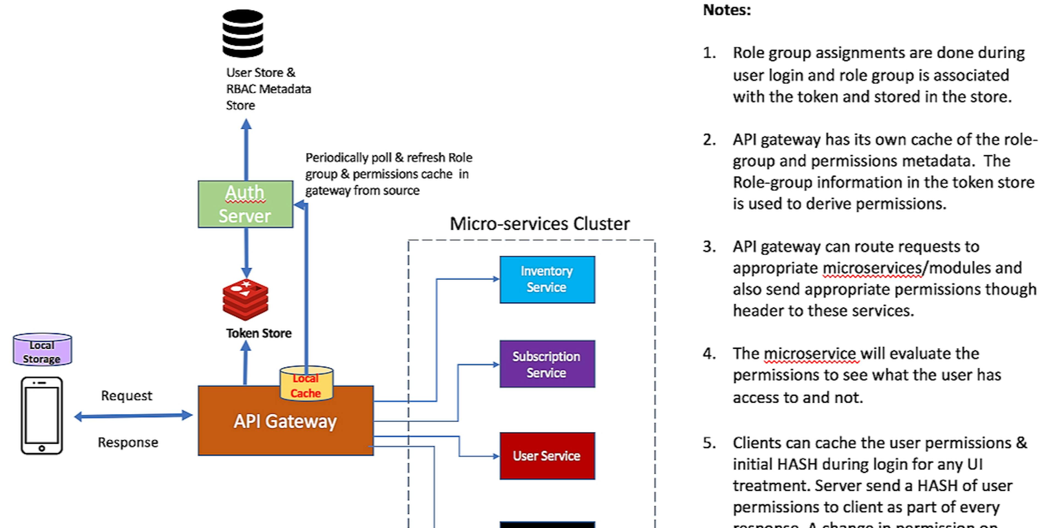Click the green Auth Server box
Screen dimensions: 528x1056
coord(245,204)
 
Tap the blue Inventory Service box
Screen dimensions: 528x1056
coord(547,279)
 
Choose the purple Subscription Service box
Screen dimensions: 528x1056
coord(547,364)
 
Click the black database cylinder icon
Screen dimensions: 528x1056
coord(243,34)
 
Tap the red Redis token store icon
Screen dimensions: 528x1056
coord(245,300)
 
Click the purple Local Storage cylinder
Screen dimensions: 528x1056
coord(42,350)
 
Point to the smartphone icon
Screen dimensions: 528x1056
coord(42,415)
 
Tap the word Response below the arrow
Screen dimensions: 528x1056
coord(128,443)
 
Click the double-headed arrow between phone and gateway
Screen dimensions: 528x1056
coord(133,416)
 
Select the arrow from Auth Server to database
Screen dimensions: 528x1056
coord(246,150)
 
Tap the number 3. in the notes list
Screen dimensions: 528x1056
coord(709,247)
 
